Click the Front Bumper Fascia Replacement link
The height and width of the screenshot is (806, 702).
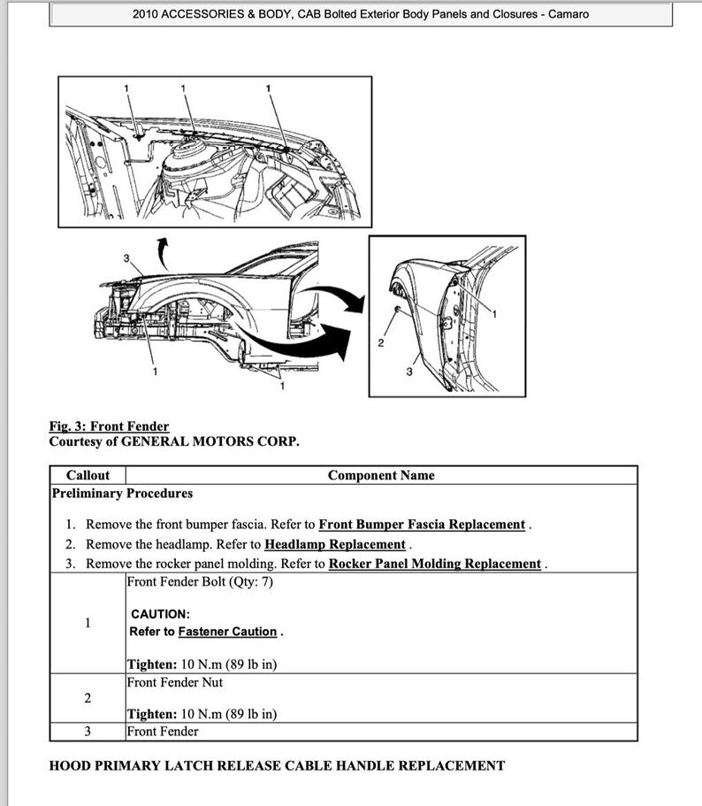(x=422, y=525)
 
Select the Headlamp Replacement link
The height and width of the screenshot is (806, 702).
(x=335, y=544)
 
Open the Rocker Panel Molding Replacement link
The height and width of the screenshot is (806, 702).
(x=434, y=564)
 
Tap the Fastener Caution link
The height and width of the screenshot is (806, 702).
(x=227, y=632)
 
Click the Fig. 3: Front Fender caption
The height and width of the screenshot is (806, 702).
(x=109, y=426)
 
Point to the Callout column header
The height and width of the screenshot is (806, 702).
(x=88, y=475)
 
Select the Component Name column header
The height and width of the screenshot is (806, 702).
(x=381, y=475)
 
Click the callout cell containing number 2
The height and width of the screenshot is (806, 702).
(x=88, y=699)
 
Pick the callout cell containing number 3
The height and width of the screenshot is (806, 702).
(x=88, y=732)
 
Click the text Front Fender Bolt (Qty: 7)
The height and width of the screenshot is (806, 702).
(x=200, y=582)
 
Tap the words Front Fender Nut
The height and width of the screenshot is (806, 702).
(x=175, y=682)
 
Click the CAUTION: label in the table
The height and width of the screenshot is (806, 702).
(x=160, y=614)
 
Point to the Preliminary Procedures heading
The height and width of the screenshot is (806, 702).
(x=122, y=494)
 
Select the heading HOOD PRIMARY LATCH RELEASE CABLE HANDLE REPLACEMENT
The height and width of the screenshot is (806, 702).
(x=277, y=765)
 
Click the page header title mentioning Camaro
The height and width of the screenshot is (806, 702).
(x=361, y=14)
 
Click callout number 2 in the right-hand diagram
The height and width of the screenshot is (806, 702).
(x=381, y=343)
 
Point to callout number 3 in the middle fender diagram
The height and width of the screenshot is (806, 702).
(x=126, y=257)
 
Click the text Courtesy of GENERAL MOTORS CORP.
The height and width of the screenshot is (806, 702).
(x=174, y=441)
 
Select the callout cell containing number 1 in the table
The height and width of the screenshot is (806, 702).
(x=88, y=623)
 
